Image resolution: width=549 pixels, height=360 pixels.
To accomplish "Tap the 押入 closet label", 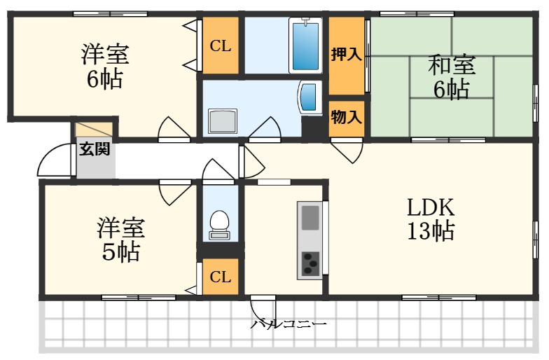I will tap(347, 55).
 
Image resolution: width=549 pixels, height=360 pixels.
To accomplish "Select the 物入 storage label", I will tap(347, 117).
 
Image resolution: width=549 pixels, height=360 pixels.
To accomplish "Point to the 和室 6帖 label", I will tap(452, 77).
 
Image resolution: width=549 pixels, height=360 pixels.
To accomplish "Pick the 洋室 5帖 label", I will tap(121, 240).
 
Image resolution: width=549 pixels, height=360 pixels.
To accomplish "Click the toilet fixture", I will tap(220, 223).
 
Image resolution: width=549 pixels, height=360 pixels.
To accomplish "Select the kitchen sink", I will tap(310, 218).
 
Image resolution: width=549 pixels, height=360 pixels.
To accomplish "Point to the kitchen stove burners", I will tap(310, 263).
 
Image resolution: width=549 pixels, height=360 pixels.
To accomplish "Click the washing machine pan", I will tap(223, 121).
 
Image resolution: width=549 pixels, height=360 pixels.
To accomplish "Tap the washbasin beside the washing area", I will tap(309, 97).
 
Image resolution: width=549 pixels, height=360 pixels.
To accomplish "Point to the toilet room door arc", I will tap(218, 169).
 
